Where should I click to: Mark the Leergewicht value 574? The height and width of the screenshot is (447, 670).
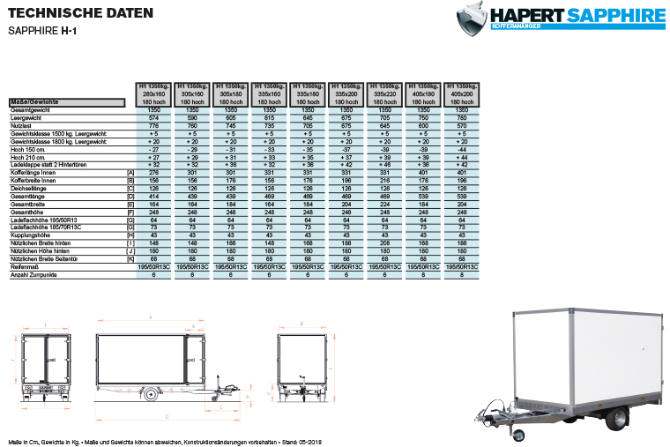[x=154, y=117]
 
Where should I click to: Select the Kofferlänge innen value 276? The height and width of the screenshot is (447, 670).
[x=154, y=172]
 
